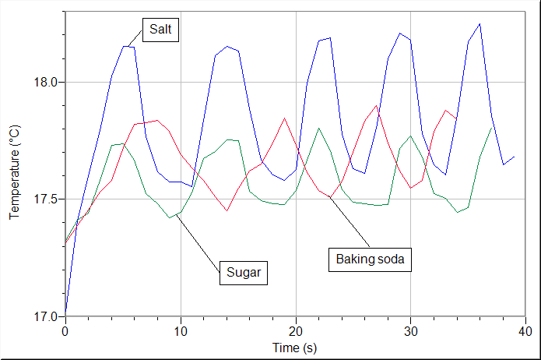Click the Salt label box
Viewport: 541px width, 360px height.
(162, 30)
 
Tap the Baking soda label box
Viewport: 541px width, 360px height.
(370, 259)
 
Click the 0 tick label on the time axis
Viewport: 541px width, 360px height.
(65, 330)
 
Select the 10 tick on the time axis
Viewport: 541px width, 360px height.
(181, 330)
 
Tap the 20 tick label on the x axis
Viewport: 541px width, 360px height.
(296, 330)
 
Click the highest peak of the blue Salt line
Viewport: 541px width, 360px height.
(480, 23)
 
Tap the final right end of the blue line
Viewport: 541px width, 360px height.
(514, 157)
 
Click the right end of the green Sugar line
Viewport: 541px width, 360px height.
(491, 129)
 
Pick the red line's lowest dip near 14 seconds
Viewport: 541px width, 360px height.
(227, 210)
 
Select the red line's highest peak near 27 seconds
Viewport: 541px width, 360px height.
(377, 105)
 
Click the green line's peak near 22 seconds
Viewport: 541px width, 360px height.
(319, 128)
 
